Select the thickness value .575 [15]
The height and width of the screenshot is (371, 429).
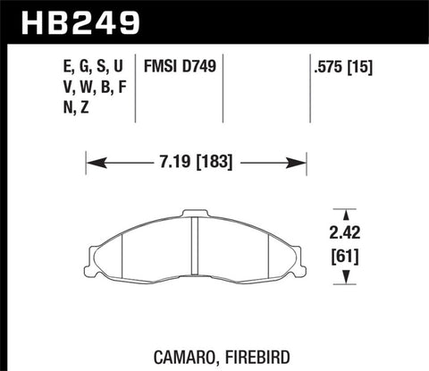point(342,66)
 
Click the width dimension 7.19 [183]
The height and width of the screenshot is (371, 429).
point(196,164)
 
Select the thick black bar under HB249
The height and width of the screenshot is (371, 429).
point(214,41)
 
